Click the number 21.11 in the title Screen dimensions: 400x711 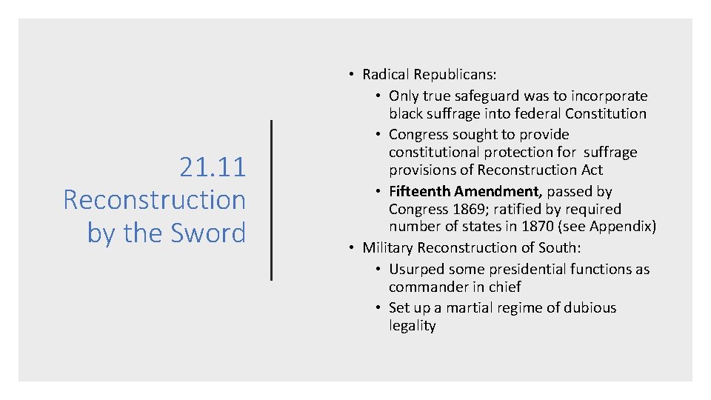(x=212, y=167)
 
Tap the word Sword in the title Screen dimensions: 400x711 (x=209, y=233)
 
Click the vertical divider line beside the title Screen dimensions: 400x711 (x=272, y=200)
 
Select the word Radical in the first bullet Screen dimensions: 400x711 (x=386, y=74)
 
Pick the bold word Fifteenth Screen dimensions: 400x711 (x=420, y=191)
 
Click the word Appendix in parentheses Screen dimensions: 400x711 (x=621, y=227)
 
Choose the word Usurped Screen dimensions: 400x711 (x=416, y=269)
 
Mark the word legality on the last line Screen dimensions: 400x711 (x=413, y=325)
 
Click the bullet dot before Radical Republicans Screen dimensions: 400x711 (x=352, y=75)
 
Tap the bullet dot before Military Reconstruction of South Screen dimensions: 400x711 (x=352, y=248)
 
